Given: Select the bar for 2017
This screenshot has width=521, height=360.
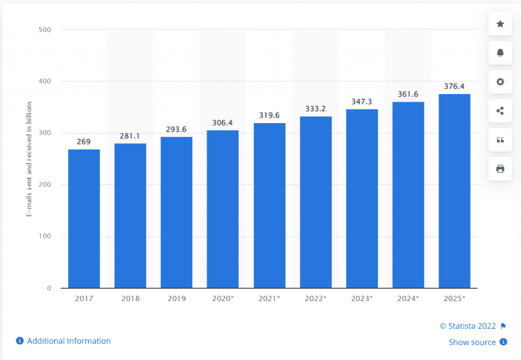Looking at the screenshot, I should pyautogui.click(x=84, y=219).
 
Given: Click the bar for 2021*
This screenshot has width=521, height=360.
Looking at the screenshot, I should pyautogui.click(x=270, y=205).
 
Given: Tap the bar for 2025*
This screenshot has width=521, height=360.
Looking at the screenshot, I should pyautogui.click(x=454, y=191).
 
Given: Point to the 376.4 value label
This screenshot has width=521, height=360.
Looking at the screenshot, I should pyautogui.click(x=454, y=86).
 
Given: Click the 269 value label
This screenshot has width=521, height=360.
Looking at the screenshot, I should pyautogui.click(x=84, y=142).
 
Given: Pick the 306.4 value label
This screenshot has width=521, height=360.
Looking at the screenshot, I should pyautogui.click(x=223, y=123).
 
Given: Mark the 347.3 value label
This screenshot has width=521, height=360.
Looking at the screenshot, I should pyautogui.click(x=362, y=102).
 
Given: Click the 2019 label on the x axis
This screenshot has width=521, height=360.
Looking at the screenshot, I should pyautogui.click(x=177, y=298).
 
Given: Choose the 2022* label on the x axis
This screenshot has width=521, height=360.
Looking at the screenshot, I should pyautogui.click(x=315, y=298).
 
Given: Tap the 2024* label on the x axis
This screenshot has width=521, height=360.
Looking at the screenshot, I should pyautogui.click(x=408, y=298).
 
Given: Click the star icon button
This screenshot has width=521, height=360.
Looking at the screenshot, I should pyautogui.click(x=500, y=24).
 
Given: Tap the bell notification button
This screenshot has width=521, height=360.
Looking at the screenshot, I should pyautogui.click(x=500, y=53).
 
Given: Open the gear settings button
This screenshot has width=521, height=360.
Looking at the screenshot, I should pyautogui.click(x=500, y=82).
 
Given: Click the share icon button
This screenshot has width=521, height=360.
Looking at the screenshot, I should pyautogui.click(x=500, y=111).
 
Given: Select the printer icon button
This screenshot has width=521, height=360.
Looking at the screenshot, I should pyautogui.click(x=500, y=169).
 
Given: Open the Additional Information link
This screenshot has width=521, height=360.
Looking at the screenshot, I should pyautogui.click(x=69, y=341).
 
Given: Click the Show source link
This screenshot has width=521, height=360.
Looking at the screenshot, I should pyautogui.click(x=472, y=342).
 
